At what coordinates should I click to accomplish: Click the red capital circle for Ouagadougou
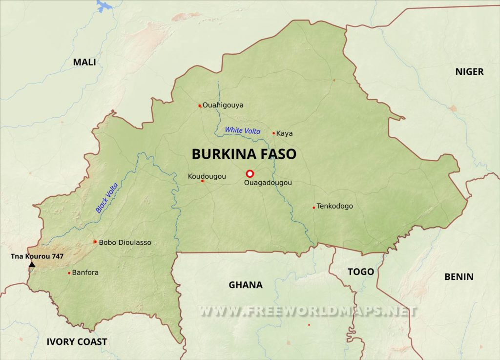click(x=250, y=173)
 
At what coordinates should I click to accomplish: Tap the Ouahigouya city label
click(x=223, y=105)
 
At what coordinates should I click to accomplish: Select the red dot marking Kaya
click(x=274, y=133)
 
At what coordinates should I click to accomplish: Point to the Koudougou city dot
click(x=202, y=181)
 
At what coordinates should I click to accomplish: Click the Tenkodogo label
click(x=334, y=206)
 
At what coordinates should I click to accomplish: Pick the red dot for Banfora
click(x=69, y=273)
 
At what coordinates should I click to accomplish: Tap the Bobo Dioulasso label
click(x=125, y=242)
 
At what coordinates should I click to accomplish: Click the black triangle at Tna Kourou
click(x=32, y=265)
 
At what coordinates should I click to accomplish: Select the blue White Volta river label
click(x=243, y=130)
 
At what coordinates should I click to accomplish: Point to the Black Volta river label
click(x=107, y=197)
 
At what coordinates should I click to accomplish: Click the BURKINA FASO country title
click(x=244, y=154)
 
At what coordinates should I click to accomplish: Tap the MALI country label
click(x=84, y=62)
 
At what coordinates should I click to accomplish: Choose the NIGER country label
click(x=469, y=72)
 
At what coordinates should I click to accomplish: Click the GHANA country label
click(x=246, y=285)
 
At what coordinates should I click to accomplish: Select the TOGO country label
click(x=361, y=272)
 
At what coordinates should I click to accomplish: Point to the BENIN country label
click(x=458, y=277)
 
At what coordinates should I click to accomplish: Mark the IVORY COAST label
click(x=77, y=341)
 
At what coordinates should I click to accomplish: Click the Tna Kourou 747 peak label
click(x=37, y=256)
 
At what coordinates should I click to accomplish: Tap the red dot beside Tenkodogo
click(x=313, y=207)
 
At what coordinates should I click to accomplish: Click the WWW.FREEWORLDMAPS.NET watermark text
click(x=308, y=311)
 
